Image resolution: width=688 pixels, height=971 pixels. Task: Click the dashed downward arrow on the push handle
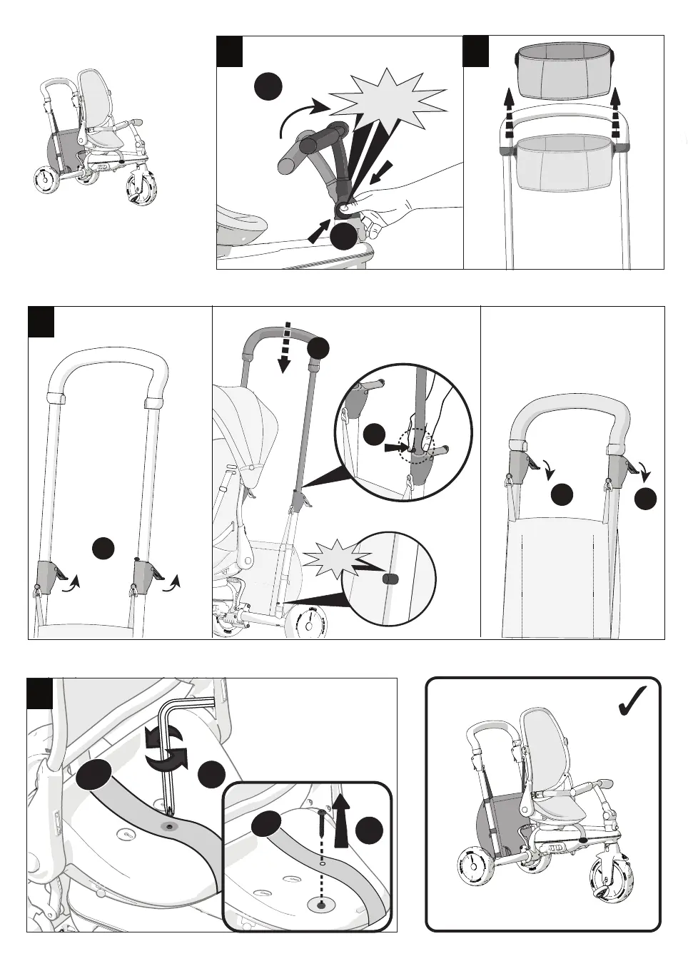[x=284, y=347]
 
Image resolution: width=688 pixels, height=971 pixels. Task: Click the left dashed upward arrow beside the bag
[x=507, y=113]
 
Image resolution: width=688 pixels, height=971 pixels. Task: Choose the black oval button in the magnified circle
[x=390, y=579]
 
